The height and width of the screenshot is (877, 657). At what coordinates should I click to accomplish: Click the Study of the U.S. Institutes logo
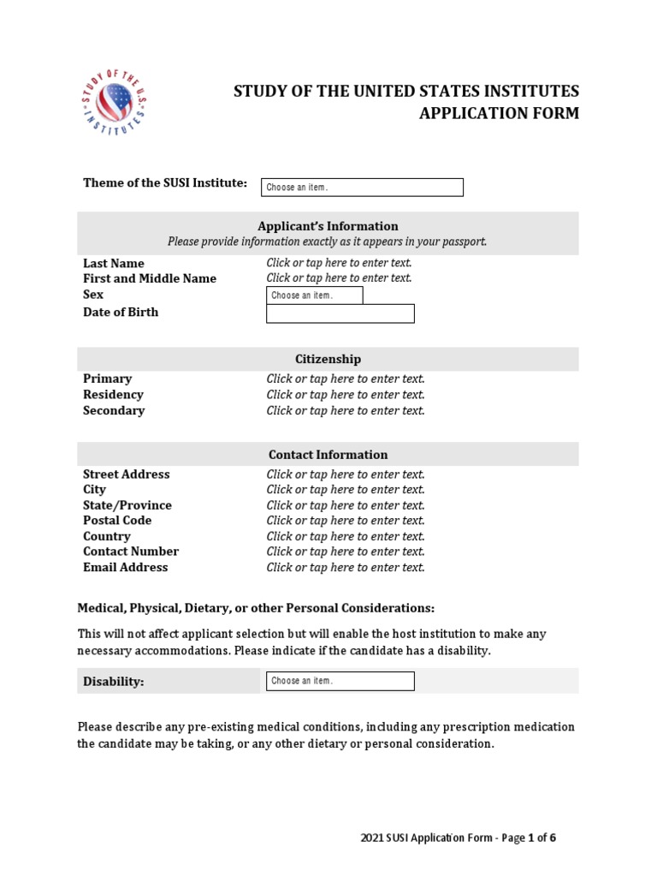[113, 102]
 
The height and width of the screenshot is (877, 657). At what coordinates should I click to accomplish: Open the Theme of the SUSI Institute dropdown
[362, 188]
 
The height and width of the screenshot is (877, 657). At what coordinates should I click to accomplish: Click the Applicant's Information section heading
[328, 226]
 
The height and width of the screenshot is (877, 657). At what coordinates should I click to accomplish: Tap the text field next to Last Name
[339, 263]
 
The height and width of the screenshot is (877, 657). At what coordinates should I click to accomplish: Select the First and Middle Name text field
[339, 278]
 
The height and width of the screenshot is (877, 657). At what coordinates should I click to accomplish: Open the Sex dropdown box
[314, 295]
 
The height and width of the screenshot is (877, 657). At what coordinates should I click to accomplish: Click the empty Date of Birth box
[340, 313]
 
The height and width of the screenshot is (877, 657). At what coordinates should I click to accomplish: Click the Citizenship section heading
[328, 359]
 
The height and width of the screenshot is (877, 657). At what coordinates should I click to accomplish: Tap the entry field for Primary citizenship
[345, 379]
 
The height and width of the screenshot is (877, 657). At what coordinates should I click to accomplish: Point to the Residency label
[113, 395]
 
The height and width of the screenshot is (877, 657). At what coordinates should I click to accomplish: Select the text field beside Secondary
[345, 410]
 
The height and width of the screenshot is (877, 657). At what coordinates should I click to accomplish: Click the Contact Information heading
[328, 455]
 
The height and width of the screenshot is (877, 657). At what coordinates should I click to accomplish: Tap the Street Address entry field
[345, 474]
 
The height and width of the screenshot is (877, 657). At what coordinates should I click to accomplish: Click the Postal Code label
[117, 521]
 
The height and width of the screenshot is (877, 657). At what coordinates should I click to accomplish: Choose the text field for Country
[345, 536]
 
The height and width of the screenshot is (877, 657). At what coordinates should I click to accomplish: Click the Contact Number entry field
[345, 552]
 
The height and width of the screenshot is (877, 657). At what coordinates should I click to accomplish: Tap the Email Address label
[125, 567]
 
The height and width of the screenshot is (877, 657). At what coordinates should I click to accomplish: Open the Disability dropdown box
[340, 681]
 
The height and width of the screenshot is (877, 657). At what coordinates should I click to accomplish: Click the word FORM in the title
[557, 113]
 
